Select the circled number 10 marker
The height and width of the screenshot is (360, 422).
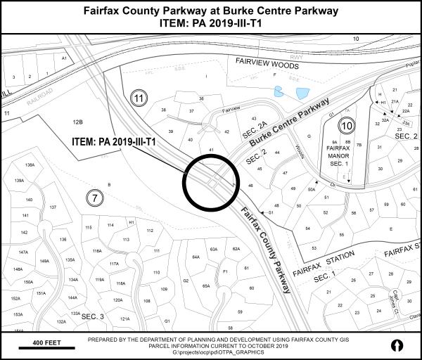345,127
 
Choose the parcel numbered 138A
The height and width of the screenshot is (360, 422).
30,165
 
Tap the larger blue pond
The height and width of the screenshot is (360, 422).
302,93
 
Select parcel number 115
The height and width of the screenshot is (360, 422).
88,228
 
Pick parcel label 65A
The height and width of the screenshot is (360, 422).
206,286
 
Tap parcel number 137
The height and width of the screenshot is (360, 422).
53,208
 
